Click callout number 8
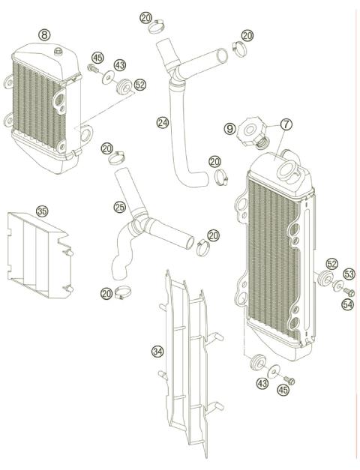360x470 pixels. pyautogui.click(x=45, y=34)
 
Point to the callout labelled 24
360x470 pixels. pyautogui.click(x=162, y=121)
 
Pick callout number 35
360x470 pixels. pyautogui.click(x=42, y=211)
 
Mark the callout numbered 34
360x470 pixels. pyautogui.click(x=157, y=350)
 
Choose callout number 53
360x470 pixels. pyautogui.click(x=349, y=274)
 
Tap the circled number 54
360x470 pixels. pyautogui.click(x=348, y=304)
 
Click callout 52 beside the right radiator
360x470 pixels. pyautogui.click(x=332, y=264)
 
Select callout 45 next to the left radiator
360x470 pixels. pyautogui.click(x=97, y=58)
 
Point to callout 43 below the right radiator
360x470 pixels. pyautogui.click(x=262, y=384)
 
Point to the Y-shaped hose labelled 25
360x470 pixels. pyautogui.click(x=142, y=232)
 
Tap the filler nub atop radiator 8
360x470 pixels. pyautogui.click(x=57, y=52)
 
